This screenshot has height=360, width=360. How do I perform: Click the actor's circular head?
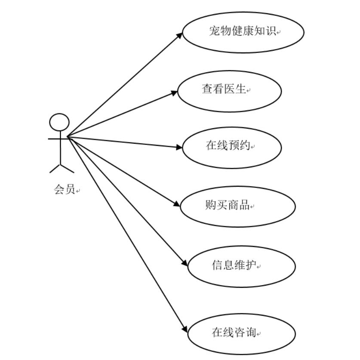coord(59,122)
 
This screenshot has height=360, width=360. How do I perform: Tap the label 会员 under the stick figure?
coord(65,189)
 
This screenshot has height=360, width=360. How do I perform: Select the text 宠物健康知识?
coord(243,31)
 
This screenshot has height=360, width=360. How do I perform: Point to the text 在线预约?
coord(228,145)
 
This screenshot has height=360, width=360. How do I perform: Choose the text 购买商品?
coord(227,205)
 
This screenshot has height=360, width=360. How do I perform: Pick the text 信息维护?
coord(234,265)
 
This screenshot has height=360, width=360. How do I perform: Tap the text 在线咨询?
coord(234,332)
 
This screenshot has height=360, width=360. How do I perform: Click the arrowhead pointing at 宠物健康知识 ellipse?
coord(180,34)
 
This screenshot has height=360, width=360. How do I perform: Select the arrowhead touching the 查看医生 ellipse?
coord(175,92)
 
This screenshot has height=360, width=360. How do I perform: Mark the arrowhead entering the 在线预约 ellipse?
coord(180,147)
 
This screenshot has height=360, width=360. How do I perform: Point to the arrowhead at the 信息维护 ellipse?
coord(185,262)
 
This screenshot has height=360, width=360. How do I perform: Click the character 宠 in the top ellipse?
coord(215,31)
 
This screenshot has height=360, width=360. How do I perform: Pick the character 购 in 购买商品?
coord(210,205)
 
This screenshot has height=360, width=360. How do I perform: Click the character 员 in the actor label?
coord(70,189)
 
